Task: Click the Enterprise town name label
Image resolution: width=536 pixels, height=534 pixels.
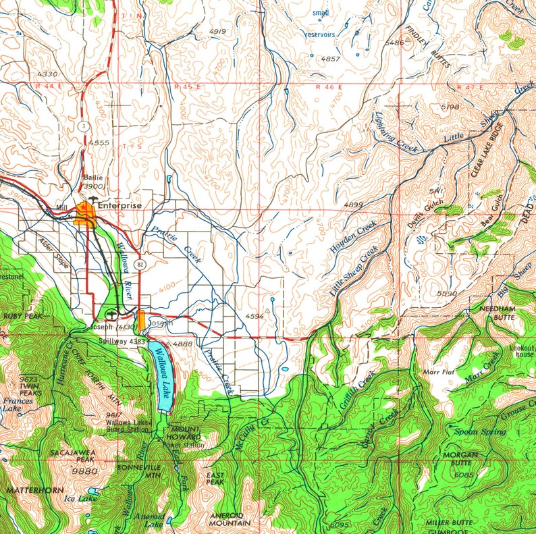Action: [x=119, y=205]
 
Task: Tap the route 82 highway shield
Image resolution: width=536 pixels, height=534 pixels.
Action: [x=138, y=261]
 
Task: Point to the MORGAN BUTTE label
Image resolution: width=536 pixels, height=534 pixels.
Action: [x=461, y=459]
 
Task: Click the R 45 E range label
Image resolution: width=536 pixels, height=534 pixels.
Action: [x=188, y=86]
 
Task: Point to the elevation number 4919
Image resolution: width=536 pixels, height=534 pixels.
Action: [x=217, y=32]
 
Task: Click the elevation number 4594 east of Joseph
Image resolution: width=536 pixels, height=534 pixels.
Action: [x=254, y=316]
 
